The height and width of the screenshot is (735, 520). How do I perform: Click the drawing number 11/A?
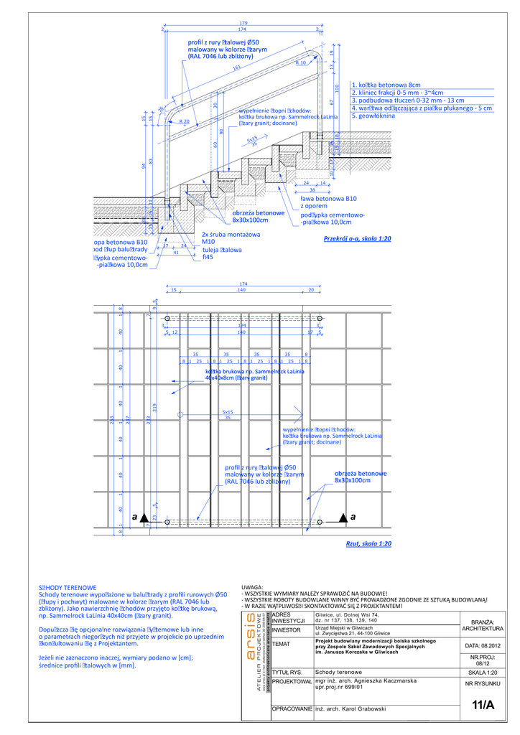click(483, 705)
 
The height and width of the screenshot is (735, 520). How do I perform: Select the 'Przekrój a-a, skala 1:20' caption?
click(357, 238)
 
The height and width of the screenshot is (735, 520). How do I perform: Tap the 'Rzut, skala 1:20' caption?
click(368, 544)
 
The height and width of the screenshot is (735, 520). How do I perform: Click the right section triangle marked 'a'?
click(343, 517)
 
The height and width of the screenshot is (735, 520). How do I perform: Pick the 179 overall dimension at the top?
click(243, 24)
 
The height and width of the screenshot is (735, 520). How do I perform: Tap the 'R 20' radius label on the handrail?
click(185, 123)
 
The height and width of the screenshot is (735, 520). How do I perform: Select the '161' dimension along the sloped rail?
click(237, 69)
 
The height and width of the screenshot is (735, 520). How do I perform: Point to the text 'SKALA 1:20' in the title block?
click(483, 673)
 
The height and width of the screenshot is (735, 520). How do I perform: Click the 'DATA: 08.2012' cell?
click(483, 646)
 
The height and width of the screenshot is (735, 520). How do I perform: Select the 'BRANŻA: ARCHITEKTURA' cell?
click(483, 625)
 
